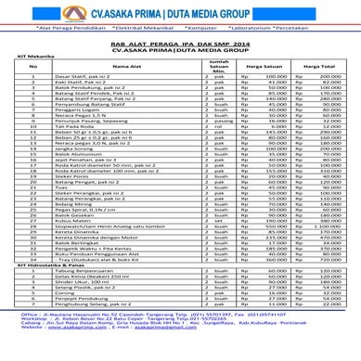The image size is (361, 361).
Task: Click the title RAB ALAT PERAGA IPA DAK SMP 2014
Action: tap(180, 45)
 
